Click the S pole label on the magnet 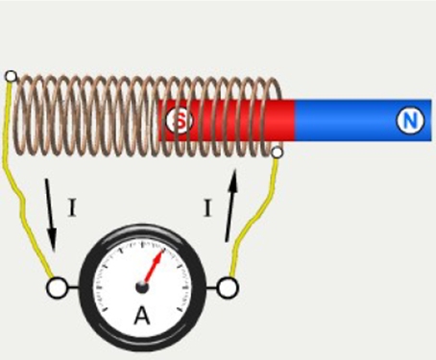pos(180,120)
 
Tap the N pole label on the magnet pos(410,120)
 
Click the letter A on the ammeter pos(142,316)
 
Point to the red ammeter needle pos(154,267)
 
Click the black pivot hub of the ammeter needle pos(142,287)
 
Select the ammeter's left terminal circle pos(57,288)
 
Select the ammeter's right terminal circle pos(228,288)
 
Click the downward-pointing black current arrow pos(51,214)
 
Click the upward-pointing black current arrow pos(231,204)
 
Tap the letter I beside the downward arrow pos(72,207)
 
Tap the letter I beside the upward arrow pos(207,207)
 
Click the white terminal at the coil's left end pos(11,77)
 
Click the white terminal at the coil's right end pos(277,153)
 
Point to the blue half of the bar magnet pos(363,120)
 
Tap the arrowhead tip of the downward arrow pos(54,252)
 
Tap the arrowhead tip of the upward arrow pos(235,169)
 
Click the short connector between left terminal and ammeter pos(73,288)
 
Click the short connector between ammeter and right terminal pos(211,288)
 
